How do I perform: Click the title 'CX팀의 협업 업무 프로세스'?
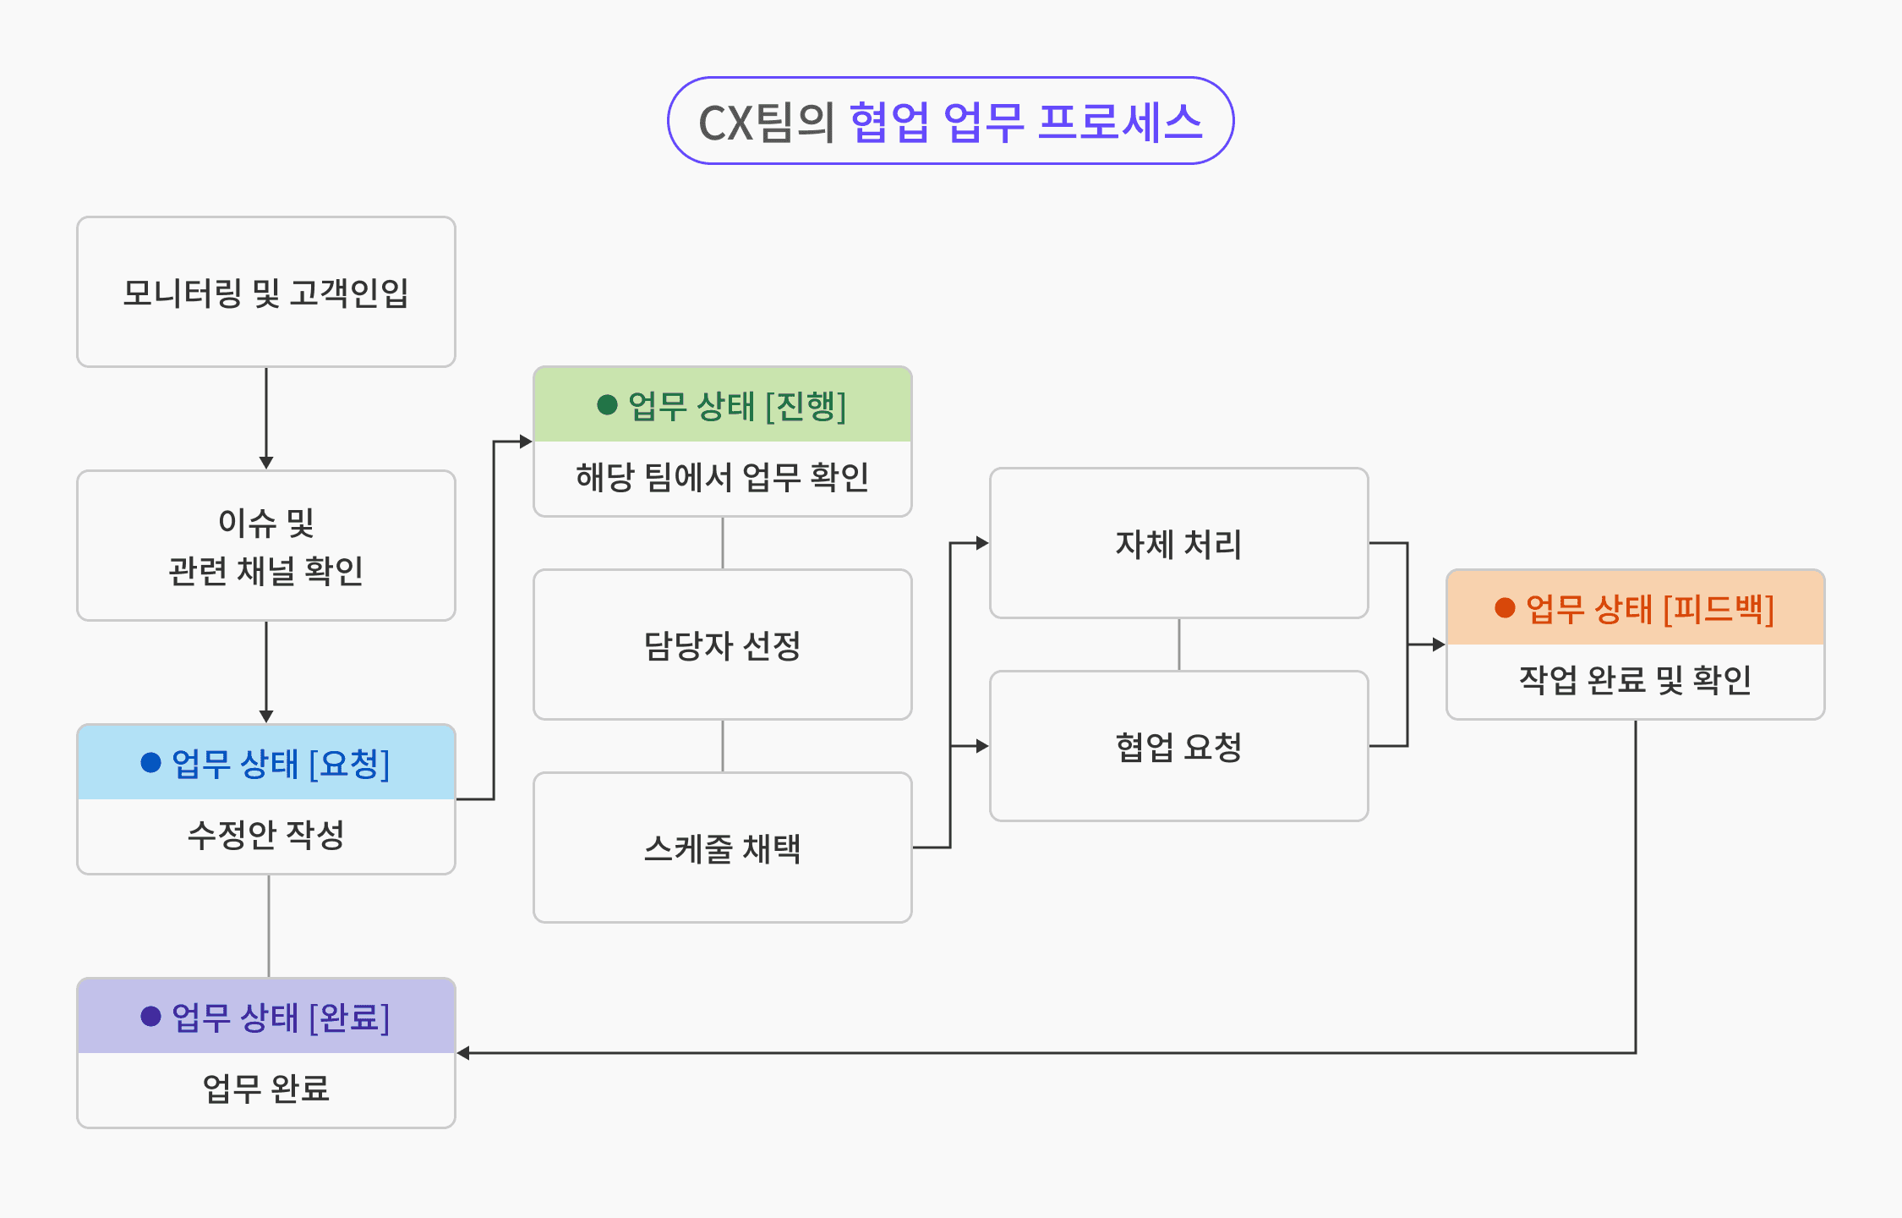(950, 121)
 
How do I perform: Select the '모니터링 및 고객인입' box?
(266, 293)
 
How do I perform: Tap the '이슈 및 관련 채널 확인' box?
(266, 546)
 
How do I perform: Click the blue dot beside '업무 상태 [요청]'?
(151, 763)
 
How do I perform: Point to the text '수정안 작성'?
(266, 835)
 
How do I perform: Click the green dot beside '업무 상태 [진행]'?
(607, 405)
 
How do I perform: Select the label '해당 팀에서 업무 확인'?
(722, 477)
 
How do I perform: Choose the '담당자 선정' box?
(722, 645)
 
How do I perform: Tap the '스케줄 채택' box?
(722, 848)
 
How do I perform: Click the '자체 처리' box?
(1178, 544)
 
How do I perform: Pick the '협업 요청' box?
(1178, 747)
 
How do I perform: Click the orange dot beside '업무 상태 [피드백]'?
(1505, 608)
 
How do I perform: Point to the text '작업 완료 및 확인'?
(1635, 680)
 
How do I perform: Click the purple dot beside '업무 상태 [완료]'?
(151, 1017)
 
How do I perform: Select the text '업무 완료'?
(266, 1089)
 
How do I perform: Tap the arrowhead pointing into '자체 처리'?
(982, 543)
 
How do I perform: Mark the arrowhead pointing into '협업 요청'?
(982, 746)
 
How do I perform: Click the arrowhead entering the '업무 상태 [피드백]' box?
(1439, 645)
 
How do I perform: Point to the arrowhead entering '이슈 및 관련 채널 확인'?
(266, 463)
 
